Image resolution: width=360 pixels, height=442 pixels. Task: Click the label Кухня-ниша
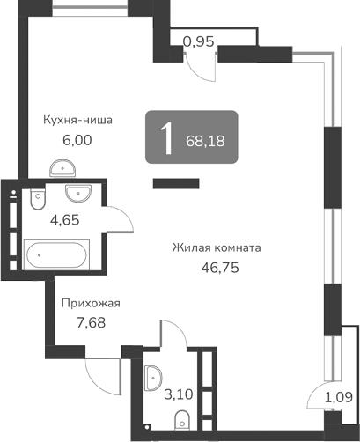tap(79, 121)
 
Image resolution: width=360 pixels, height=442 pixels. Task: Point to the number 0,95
tap(198, 40)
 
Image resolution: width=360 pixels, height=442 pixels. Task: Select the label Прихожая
tap(90, 304)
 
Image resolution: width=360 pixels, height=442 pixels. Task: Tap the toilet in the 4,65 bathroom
tap(35, 203)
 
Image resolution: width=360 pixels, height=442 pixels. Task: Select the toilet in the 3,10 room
tap(183, 417)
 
